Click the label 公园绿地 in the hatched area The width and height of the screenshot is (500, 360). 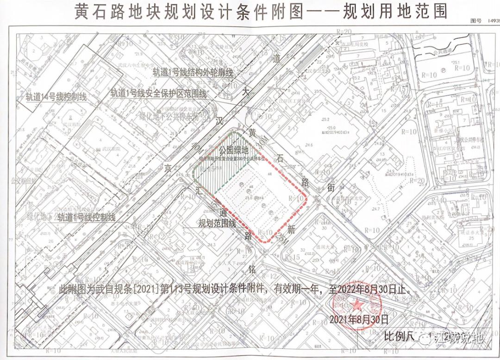tap(234, 150)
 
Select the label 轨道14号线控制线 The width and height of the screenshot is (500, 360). tap(56, 97)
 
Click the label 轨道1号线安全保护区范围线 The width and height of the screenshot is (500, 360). tap(158, 93)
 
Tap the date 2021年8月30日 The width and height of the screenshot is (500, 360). tap(358, 319)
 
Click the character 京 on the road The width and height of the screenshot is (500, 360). tap(181, 171)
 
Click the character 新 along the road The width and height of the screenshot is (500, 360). tap(291, 228)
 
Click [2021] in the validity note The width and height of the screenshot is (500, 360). tap(148, 289)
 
